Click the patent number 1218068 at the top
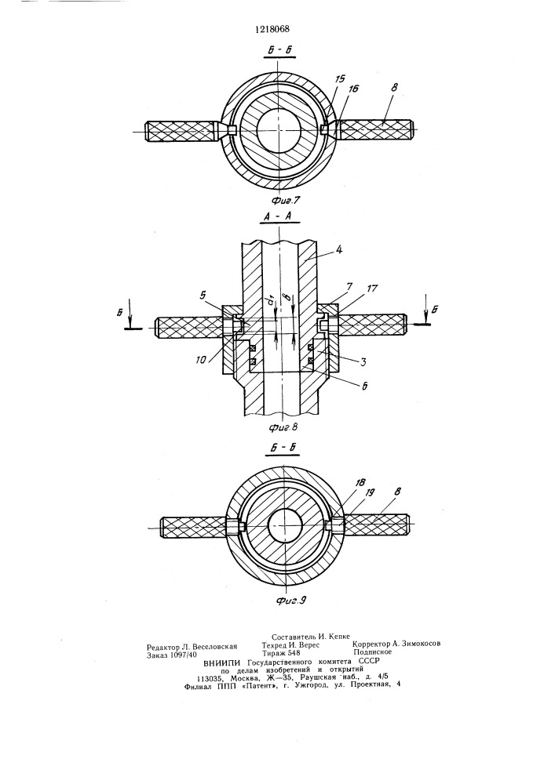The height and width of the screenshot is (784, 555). pos(272,29)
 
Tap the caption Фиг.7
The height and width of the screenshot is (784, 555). pos(287,201)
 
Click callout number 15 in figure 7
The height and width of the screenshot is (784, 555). pos(341,78)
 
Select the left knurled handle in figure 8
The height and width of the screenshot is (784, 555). pos(189,327)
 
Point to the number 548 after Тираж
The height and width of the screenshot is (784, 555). pos(293,652)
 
